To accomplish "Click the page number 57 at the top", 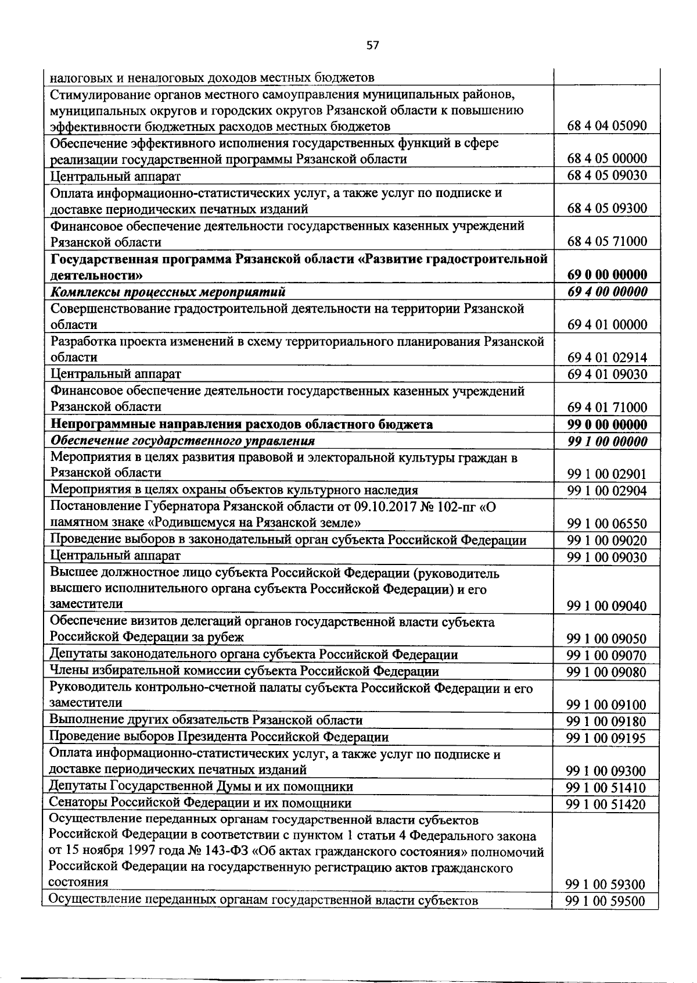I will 372,45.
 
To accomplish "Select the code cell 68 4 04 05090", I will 606,126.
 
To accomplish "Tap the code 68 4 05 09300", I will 606,209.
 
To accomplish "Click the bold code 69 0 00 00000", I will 606,274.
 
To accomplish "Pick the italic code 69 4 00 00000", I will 606,292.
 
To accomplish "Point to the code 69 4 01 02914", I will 606,358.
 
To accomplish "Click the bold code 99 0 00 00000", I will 606,424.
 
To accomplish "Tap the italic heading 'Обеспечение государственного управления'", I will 182,441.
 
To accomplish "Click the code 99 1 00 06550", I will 606,524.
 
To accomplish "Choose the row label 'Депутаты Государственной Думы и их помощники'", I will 201,787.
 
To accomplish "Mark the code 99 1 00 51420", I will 606,805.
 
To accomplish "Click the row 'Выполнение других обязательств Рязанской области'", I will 206,721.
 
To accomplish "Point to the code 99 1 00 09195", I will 606,738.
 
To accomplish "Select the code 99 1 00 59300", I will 606,885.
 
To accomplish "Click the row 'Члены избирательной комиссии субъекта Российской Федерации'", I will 244,671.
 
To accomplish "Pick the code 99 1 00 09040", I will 606,606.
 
